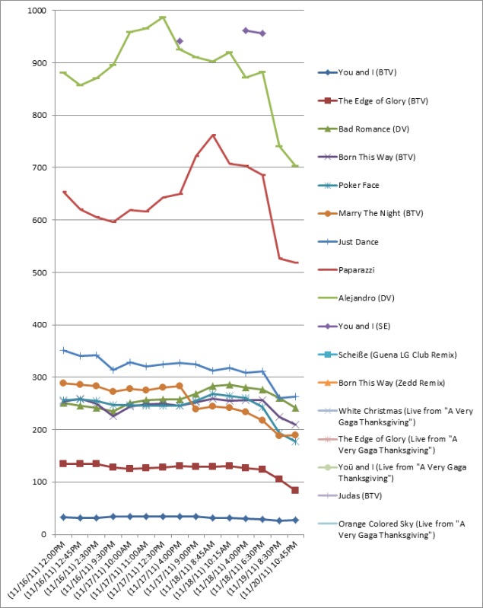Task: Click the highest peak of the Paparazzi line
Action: pyautogui.click(x=213, y=135)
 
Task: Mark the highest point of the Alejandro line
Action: pyautogui.click(x=163, y=17)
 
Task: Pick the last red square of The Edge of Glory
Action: pyautogui.click(x=295, y=490)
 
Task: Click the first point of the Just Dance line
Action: pyautogui.click(x=64, y=350)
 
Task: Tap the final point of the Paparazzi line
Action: pyautogui.click(x=295, y=263)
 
